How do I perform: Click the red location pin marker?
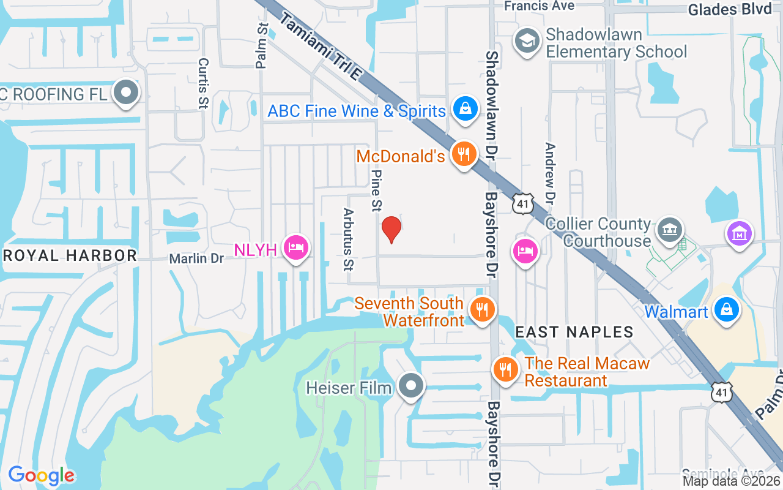(x=391, y=230)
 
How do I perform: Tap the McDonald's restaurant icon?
(x=465, y=154)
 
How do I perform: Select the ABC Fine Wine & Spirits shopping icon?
(x=466, y=109)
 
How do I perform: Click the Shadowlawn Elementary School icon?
(x=526, y=41)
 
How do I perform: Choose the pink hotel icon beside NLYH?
(x=296, y=247)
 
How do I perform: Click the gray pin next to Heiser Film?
(x=411, y=385)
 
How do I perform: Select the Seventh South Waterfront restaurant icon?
(x=483, y=309)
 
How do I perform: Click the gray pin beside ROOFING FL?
(x=127, y=93)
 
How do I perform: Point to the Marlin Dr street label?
(x=197, y=258)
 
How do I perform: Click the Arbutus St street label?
(x=349, y=239)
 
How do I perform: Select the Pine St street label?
(x=376, y=190)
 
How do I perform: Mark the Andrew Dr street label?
(x=549, y=174)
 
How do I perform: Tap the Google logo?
(x=41, y=475)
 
